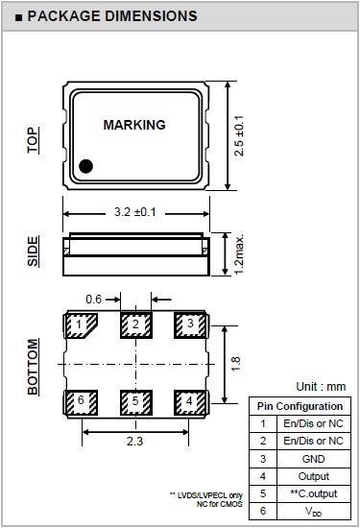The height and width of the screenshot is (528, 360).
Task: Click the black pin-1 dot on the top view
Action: (x=85, y=166)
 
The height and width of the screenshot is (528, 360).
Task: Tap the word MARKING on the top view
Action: (x=134, y=125)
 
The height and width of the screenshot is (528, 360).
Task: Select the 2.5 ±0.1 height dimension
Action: (x=239, y=135)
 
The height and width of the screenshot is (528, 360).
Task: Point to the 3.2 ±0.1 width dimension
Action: (x=135, y=212)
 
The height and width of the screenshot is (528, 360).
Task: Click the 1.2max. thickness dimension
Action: (x=239, y=255)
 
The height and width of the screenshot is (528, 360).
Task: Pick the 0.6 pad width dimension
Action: (x=93, y=299)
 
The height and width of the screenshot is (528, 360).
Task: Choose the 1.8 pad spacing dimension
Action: (x=236, y=364)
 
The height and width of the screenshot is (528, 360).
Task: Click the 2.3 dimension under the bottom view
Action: (x=134, y=442)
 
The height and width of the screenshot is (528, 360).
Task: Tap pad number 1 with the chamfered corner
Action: (x=81, y=325)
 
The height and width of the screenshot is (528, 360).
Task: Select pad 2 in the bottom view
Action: (x=136, y=325)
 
